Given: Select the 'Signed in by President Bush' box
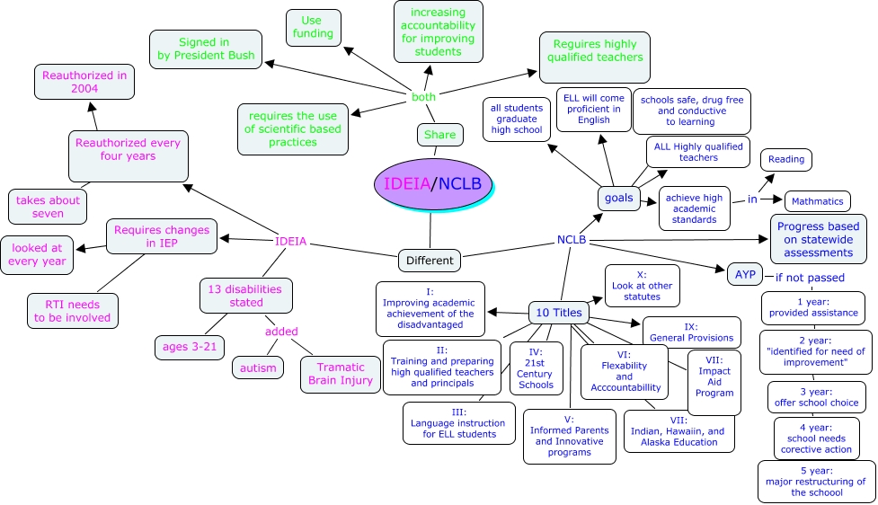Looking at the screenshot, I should point(206,49).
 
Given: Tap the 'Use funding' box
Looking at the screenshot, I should point(314,27).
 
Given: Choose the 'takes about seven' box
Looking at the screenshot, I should point(48,207).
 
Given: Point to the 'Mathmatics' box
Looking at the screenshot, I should point(817,201).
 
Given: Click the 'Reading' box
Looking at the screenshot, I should point(786,160).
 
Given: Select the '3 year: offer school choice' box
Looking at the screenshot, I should point(816,396).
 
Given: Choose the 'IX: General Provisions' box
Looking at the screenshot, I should point(691,332).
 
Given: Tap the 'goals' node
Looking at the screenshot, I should point(618,198).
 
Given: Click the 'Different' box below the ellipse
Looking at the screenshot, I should point(430,261).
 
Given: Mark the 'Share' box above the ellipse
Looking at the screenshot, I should point(440,135).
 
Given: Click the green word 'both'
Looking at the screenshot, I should point(423,96).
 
